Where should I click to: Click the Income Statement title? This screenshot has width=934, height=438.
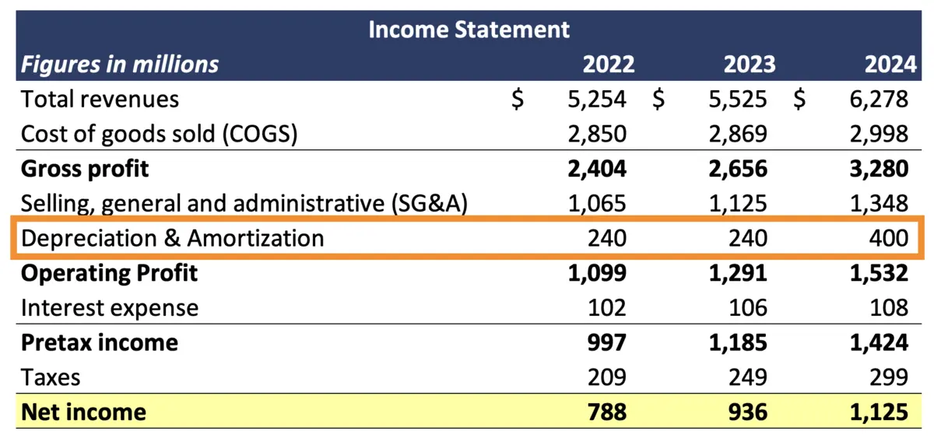469,30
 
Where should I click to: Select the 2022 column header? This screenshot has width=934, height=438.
608,64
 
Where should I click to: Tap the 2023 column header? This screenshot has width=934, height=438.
749,64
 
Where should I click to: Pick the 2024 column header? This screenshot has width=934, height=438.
890,64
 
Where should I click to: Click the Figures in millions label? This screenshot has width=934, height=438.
120,64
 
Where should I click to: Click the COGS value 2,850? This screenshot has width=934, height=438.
597,134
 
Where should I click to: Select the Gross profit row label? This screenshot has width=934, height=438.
85,169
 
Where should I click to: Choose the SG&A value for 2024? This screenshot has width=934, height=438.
880,204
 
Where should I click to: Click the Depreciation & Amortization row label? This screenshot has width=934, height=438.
172,238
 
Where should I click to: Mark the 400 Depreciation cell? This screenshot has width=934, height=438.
887,238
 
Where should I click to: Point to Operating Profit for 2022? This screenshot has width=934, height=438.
597,273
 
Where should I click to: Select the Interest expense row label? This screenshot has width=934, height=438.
110,308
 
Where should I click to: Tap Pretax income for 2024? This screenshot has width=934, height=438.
880,342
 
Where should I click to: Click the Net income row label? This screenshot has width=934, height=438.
83,411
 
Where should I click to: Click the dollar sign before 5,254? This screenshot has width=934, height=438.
518,100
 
